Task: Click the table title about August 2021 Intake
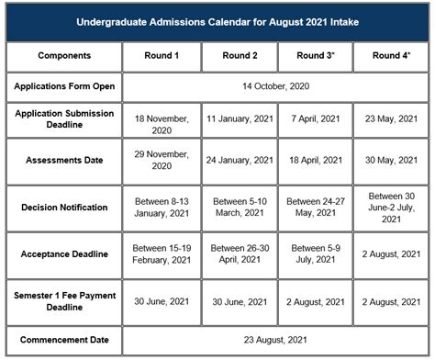217,20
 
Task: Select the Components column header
64,56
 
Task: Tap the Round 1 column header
162,56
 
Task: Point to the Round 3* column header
316,56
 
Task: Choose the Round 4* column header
391,56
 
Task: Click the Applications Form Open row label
64,86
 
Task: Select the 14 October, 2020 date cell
275,86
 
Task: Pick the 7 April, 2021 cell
316,118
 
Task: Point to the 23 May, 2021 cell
391,118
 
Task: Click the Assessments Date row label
64,160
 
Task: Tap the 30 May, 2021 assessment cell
391,160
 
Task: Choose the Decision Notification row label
64,207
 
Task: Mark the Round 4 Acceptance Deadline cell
391,253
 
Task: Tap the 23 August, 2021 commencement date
275,340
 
